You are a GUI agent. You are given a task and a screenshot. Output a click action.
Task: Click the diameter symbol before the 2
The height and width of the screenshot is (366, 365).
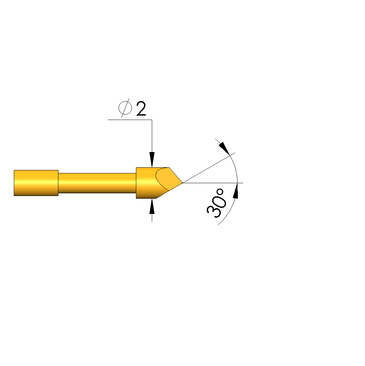point(125,108)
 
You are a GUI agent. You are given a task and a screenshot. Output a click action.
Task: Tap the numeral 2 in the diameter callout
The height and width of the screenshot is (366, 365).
point(141,108)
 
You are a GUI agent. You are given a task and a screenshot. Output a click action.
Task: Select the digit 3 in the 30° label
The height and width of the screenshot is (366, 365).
point(213,212)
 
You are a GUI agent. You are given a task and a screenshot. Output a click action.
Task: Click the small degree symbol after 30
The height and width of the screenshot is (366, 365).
point(220,192)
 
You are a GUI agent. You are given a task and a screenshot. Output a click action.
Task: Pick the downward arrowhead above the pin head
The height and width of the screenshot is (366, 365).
point(152,160)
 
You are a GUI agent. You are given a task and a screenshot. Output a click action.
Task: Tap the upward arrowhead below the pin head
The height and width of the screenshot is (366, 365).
point(152,206)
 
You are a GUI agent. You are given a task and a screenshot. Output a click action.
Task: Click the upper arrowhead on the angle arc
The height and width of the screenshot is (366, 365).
point(224,148)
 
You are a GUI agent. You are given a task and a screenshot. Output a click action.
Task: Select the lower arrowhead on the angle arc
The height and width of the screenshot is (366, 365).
point(236,191)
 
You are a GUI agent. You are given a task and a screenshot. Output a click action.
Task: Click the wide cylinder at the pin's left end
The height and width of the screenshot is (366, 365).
point(36,183)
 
